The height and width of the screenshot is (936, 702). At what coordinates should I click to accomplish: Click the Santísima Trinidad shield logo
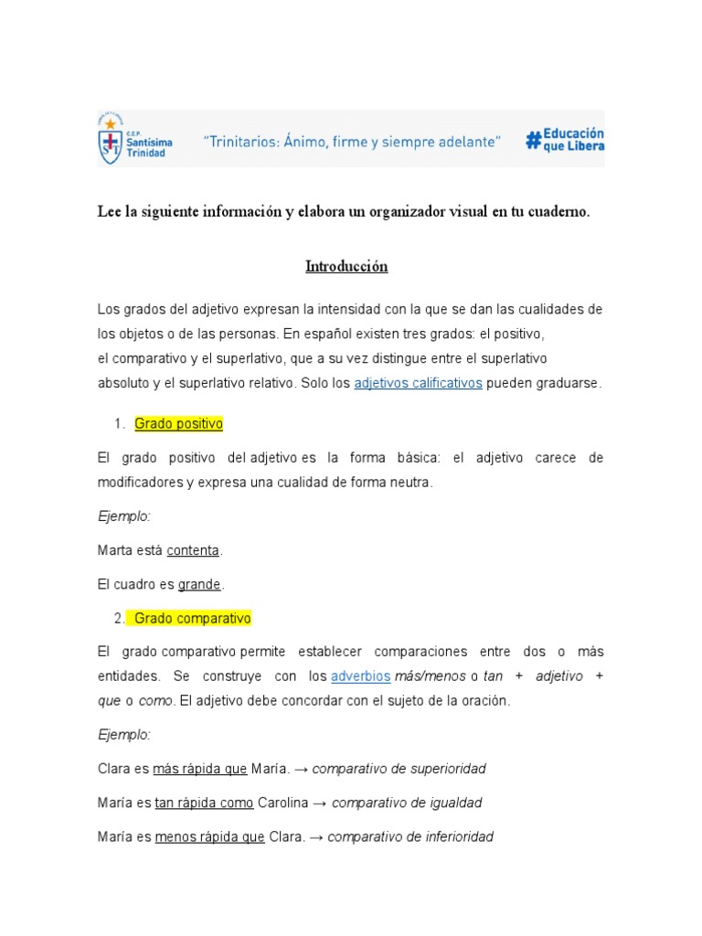(x=110, y=139)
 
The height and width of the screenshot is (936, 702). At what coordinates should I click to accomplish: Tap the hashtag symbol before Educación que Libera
(x=533, y=140)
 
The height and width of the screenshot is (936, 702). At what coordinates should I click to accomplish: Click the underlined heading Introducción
(x=346, y=267)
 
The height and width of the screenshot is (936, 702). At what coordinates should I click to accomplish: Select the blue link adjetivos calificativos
(x=418, y=384)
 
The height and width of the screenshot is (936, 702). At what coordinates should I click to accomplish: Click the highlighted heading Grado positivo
(x=178, y=424)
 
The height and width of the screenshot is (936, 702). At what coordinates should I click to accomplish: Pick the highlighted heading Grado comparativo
(x=192, y=619)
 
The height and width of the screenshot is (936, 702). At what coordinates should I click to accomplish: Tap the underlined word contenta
(x=193, y=550)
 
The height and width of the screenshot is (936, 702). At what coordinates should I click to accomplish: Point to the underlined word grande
(x=199, y=584)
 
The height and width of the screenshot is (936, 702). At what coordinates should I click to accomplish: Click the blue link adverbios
(x=360, y=675)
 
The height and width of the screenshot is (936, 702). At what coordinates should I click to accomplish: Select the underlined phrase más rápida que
(x=199, y=769)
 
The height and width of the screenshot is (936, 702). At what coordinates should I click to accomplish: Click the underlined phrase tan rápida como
(x=204, y=803)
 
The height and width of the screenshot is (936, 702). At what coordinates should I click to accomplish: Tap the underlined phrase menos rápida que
(x=209, y=836)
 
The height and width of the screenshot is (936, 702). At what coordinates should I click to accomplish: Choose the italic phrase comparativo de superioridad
(x=399, y=769)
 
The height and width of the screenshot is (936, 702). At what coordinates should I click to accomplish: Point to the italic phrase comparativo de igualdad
(x=407, y=803)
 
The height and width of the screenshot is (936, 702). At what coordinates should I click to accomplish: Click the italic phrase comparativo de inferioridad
(x=410, y=836)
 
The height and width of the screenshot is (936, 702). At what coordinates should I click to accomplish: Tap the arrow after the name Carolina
(x=321, y=803)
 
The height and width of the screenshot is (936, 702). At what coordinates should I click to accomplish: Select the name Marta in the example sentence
(x=114, y=550)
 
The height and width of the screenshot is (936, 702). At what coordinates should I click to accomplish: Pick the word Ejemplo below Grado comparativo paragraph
(x=123, y=735)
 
